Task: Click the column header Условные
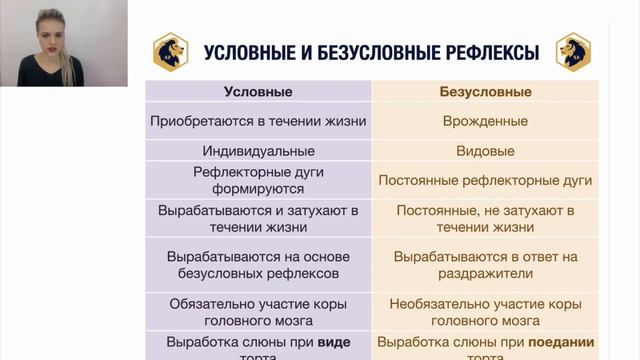258,92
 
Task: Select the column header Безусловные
485,92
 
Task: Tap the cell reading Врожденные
485,121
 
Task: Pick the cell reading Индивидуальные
258,151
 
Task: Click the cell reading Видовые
485,151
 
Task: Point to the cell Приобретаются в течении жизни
258,121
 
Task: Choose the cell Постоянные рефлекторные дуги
485,181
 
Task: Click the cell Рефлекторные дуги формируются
258,181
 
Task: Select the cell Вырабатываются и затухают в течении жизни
258,219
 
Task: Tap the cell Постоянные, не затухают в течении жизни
485,219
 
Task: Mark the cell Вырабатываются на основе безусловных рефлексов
258,264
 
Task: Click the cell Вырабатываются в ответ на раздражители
485,264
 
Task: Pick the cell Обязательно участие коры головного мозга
258,311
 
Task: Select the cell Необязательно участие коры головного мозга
485,311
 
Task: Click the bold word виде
334,342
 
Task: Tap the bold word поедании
562,342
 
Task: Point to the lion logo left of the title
171,51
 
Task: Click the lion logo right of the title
573,51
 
